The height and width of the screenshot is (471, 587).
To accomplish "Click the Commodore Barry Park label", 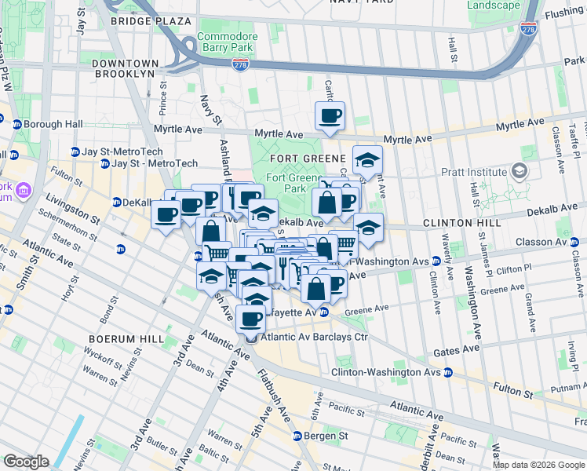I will pyautogui.click(x=227, y=42).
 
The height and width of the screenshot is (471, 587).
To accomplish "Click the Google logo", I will pyautogui.click(x=26, y=461).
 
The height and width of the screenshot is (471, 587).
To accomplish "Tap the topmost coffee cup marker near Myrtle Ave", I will pyautogui.click(x=330, y=117).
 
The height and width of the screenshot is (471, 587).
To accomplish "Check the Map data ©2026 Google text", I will pyautogui.click(x=538, y=464).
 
